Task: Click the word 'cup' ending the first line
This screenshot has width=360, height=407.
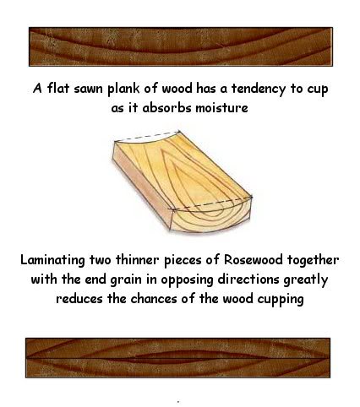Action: [x=318, y=90]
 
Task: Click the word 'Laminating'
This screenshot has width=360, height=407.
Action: [x=52, y=260]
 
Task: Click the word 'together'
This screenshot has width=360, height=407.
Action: [x=313, y=260]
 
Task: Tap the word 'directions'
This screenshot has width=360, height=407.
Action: [x=248, y=279]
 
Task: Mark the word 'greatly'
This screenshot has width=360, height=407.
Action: [x=306, y=280]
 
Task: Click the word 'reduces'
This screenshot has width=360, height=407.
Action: [x=79, y=299]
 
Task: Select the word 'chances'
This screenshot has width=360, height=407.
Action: [x=153, y=299]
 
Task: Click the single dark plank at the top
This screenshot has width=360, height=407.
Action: [x=181, y=46]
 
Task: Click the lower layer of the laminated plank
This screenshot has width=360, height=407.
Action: [x=177, y=368]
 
